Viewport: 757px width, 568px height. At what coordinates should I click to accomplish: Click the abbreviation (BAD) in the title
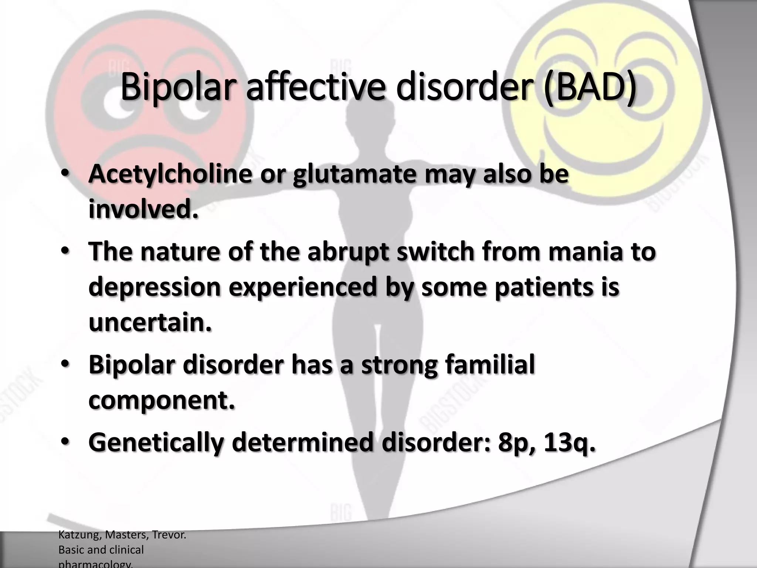coord(590,87)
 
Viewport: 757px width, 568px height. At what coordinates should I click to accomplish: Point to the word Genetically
coord(156,442)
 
